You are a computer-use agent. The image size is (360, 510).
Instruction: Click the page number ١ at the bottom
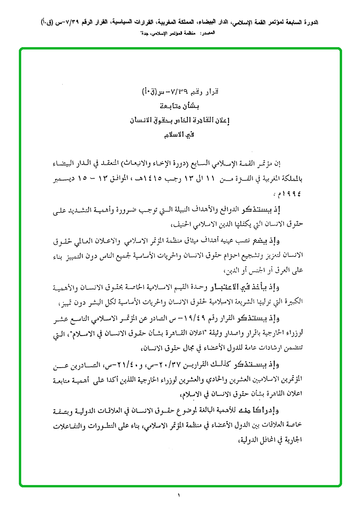tap(180, 495)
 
